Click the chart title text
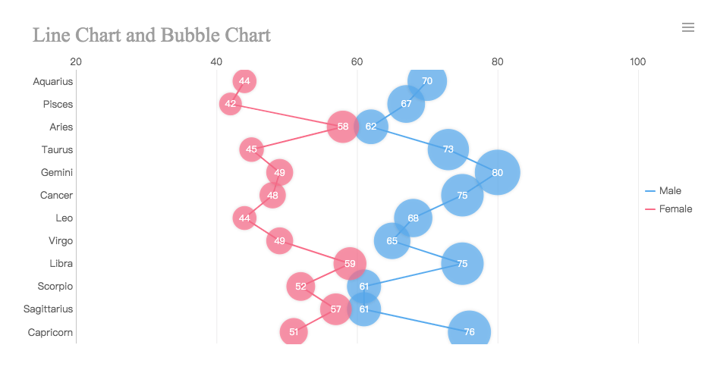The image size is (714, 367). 152,35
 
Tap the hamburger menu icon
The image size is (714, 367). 688,27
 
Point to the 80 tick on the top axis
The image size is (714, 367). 498,61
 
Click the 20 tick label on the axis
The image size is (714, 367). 76,61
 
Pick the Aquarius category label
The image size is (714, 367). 53,81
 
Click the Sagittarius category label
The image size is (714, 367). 49,309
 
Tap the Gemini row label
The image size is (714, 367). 57,172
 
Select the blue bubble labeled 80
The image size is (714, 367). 498,172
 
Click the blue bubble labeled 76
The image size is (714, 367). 470,331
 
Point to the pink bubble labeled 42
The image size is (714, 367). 231,104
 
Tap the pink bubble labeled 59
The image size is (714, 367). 350,263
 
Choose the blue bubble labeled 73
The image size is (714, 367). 448,149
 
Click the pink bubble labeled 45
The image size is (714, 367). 251,149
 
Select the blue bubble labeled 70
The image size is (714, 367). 427,81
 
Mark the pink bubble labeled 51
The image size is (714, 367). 294,331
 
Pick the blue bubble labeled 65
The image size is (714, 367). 392,240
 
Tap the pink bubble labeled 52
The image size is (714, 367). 300,286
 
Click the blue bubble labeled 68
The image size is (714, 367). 414,218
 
